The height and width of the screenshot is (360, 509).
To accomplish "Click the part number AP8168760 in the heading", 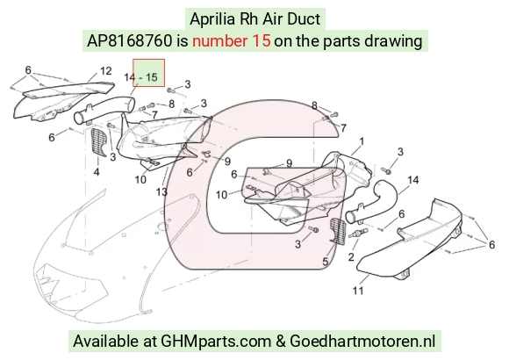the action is coord(130,41).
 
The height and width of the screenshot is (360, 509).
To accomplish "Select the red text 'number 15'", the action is coord(231,41).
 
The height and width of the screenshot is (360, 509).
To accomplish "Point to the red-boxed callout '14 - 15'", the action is coord(141,77).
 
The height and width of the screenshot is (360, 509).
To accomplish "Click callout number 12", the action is coord(106,71).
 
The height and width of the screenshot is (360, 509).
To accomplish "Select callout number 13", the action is coord(161,192).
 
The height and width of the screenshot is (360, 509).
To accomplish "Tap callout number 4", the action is coord(97,172).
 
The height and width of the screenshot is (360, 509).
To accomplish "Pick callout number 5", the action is coord(326,262).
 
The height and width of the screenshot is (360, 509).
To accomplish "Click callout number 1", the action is coord(362,141).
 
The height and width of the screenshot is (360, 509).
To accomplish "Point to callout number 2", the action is coord(351,257).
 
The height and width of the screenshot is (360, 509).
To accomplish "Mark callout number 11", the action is coord(358,291).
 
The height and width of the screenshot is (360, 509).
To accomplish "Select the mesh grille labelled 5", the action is coord(338,231).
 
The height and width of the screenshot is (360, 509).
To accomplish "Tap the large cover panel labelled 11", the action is coord(410,241).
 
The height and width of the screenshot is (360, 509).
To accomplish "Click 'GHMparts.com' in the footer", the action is coord(216,342).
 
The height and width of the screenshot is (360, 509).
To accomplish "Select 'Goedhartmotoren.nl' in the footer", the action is coord(362,342).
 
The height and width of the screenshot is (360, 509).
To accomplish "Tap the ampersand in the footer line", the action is coord(281,342).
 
